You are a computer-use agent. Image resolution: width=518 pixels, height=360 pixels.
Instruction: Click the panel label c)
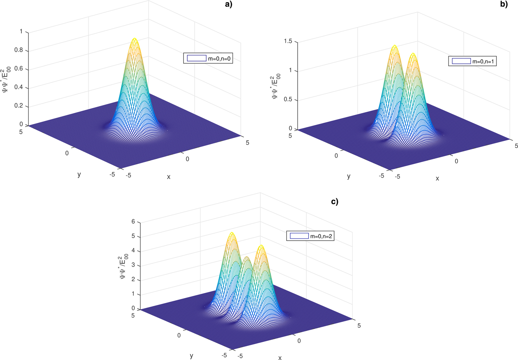334,202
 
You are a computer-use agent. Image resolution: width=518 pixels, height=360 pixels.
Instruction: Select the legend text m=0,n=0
220,58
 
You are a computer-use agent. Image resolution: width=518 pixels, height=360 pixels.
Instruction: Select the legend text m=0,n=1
483,61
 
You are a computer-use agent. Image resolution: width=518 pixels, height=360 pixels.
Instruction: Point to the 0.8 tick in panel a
18,50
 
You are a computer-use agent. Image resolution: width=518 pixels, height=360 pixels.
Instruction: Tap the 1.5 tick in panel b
287,41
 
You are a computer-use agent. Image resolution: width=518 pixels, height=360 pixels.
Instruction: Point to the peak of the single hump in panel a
135,38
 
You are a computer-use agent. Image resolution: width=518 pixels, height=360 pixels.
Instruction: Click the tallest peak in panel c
232,233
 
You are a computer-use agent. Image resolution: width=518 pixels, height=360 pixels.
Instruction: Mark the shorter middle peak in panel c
247,258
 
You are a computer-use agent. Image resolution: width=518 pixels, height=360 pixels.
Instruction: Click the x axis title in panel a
169,177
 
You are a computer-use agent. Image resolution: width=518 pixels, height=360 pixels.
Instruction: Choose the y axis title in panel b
349,176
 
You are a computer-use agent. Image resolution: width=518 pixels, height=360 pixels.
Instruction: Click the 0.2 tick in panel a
18,106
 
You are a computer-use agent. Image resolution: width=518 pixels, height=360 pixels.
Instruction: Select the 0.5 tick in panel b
287,100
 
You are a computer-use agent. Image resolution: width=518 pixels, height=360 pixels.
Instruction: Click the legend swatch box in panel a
196,58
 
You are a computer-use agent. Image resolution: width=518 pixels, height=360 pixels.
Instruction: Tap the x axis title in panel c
280,357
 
